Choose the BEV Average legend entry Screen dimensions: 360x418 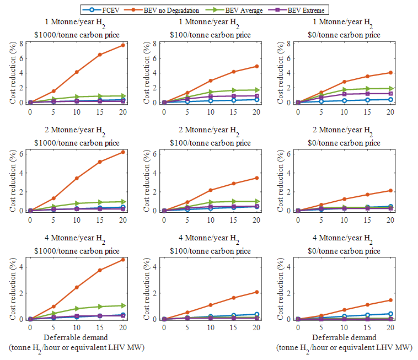[x=242, y=10]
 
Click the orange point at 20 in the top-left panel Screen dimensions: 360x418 [x=122, y=45]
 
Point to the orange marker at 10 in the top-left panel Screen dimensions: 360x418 [x=77, y=72]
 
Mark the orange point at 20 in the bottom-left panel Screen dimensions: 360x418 [x=122, y=260]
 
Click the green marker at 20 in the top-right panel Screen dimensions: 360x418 [x=390, y=88]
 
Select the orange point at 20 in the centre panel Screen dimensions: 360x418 [x=256, y=178]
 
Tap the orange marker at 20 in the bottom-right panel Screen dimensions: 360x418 [x=390, y=300]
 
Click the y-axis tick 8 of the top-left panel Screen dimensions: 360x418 [x=22, y=43]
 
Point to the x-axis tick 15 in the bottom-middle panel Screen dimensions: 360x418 [x=233, y=327]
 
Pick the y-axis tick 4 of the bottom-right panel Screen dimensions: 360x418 [x=290, y=267]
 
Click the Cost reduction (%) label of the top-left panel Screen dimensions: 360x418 [x=13, y=72]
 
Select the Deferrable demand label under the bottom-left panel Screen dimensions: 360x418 [x=76, y=337]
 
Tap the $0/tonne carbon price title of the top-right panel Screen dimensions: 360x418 [x=344, y=35]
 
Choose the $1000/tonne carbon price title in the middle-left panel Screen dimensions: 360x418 [x=76, y=143]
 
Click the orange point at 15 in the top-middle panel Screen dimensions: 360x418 [x=233, y=72]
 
